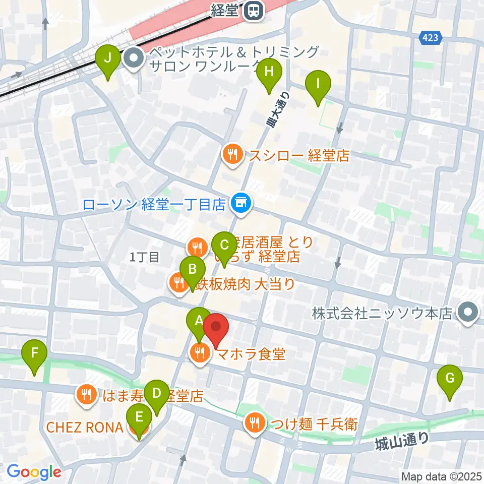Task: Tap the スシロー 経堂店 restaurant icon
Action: pos(232,155)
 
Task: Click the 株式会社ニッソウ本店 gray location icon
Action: pos(468,313)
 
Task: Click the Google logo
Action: pos(34,472)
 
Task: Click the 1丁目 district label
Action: pos(145,257)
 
